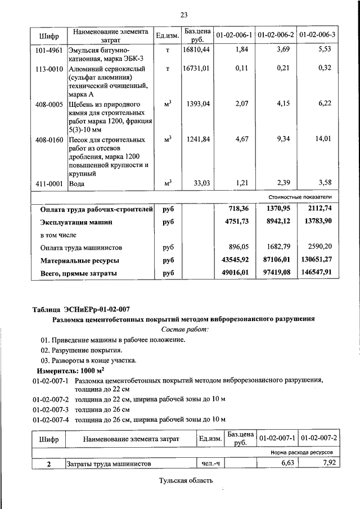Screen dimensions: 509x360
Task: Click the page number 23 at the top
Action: click(x=183, y=14)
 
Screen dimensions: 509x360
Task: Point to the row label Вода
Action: click(x=76, y=183)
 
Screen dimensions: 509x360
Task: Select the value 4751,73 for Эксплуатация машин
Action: click(x=236, y=223)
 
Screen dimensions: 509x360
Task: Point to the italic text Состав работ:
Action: click(x=184, y=329)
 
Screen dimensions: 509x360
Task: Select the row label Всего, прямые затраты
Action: click(x=79, y=273)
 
